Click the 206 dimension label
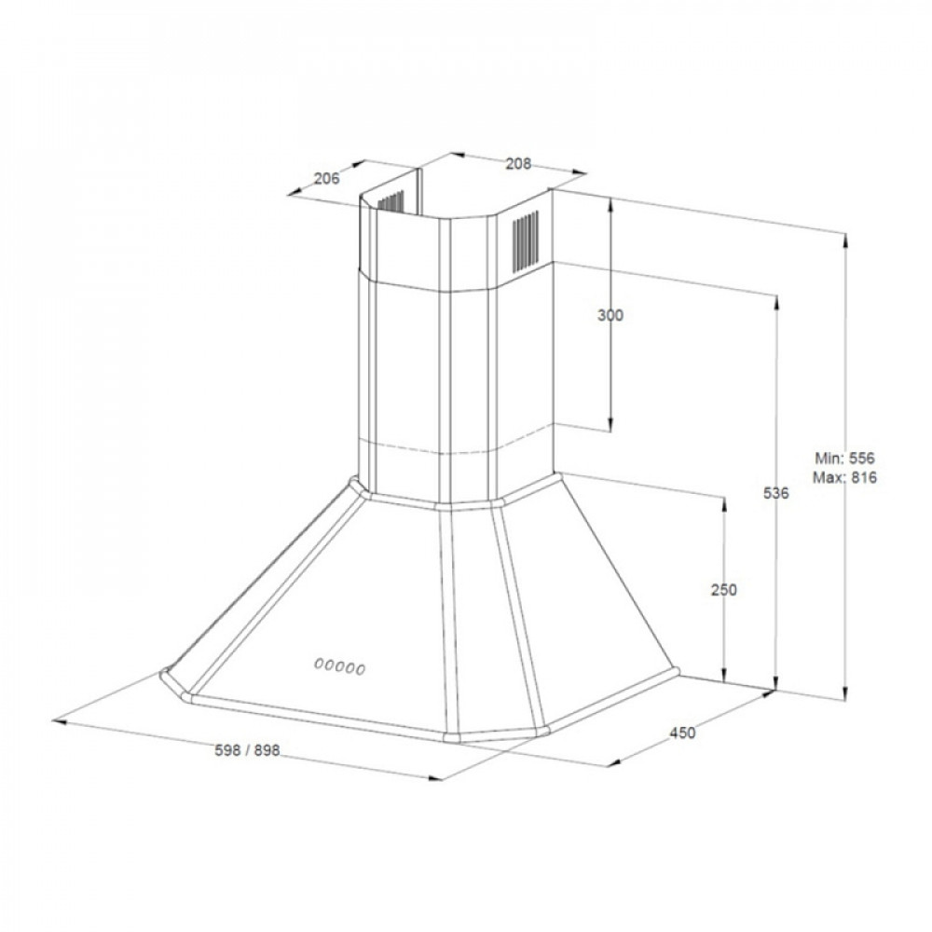click(x=326, y=180)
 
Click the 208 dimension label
click(x=518, y=164)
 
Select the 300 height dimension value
click(x=610, y=316)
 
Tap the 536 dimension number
click(x=776, y=493)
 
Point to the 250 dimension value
click(x=724, y=590)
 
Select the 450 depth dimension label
click(x=682, y=733)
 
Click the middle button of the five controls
click(x=340, y=665)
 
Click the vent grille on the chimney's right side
click(x=526, y=239)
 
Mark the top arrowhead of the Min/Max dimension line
click(x=845, y=238)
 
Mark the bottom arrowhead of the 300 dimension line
click(x=610, y=420)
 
